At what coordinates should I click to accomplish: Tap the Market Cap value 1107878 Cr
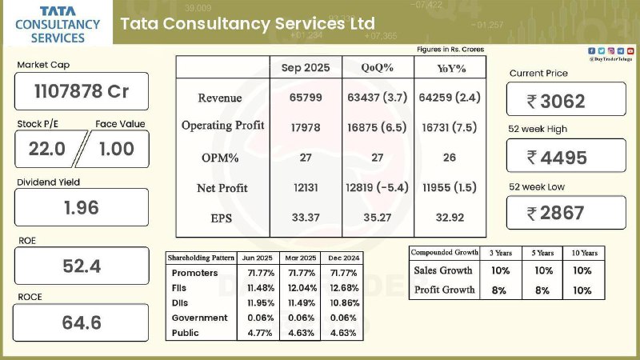pyautogui.click(x=81, y=91)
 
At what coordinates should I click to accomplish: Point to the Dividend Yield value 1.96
pyautogui.click(x=81, y=207)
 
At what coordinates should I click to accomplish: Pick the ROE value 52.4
pyautogui.click(x=81, y=266)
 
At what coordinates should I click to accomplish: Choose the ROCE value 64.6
pyautogui.click(x=81, y=323)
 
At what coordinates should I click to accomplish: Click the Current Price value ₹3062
pyautogui.click(x=566, y=101)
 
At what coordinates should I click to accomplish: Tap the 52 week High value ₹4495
pyautogui.click(x=566, y=157)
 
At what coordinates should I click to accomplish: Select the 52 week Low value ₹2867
pyautogui.click(x=566, y=213)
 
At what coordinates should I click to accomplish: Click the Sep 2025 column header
pyautogui.click(x=305, y=67)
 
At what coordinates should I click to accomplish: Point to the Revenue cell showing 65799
pyautogui.click(x=306, y=97)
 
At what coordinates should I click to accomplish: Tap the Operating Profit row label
pyautogui.click(x=222, y=126)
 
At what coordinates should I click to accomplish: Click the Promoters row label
pyautogui.click(x=191, y=274)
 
